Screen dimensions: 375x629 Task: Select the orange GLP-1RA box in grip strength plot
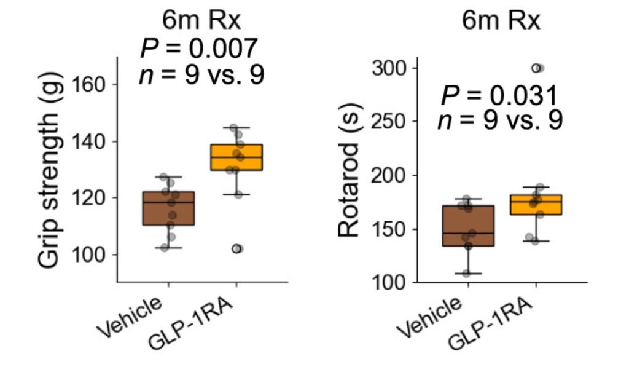[x=227, y=157]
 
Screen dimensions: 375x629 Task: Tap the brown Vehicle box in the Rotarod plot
[x=468, y=226]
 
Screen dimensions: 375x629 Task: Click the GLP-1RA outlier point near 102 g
[x=237, y=248]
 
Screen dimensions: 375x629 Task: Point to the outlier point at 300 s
[x=538, y=68]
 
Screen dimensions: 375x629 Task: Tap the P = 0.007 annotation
[x=198, y=48]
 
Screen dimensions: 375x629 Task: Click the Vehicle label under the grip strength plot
[x=133, y=317]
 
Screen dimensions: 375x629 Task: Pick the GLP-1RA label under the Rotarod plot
[x=490, y=321]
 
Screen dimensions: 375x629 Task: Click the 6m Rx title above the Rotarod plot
[x=501, y=22]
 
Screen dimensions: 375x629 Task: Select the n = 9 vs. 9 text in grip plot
[x=202, y=75]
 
